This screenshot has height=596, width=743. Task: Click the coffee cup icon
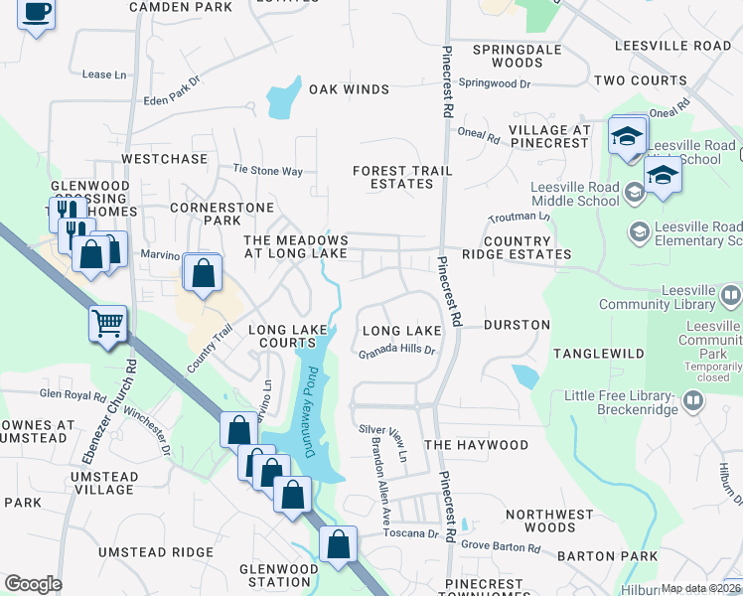(37, 13)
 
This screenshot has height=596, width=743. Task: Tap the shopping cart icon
(108, 322)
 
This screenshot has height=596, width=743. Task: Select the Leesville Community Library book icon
(730, 295)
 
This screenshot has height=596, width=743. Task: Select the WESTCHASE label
(164, 159)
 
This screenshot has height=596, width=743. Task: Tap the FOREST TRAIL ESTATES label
(402, 178)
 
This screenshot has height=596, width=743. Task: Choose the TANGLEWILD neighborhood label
(599, 354)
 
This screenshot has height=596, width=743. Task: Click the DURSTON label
(517, 325)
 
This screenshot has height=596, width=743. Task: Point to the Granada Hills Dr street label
(397, 351)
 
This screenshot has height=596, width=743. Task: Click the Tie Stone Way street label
(267, 171)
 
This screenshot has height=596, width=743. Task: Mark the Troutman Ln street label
(519, 216)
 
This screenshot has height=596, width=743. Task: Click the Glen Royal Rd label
(73, 394)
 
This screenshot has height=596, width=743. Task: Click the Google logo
(33, 583)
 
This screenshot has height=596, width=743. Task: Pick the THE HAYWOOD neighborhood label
(476, 445)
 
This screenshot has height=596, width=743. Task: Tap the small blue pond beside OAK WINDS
(282, 97)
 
